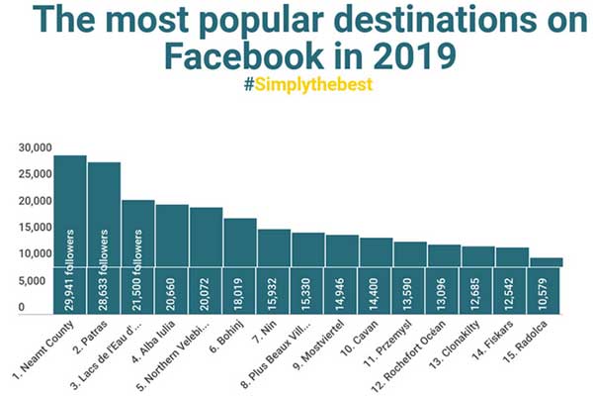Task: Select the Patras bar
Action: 104,238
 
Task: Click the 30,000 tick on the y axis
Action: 35,148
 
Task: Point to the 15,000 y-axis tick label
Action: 35,228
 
